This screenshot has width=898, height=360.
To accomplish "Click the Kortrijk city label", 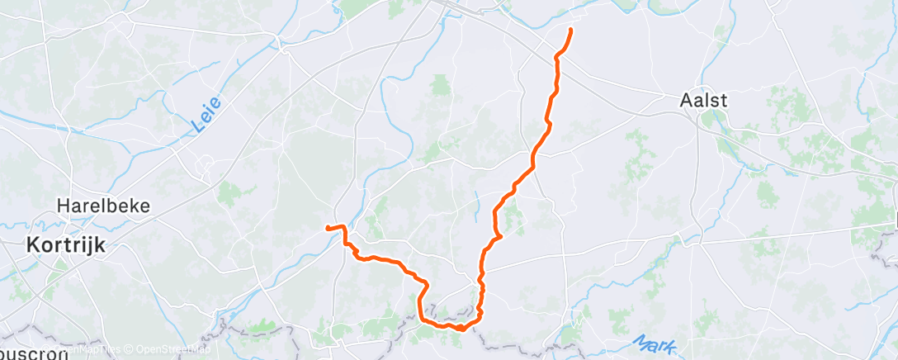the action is click(62, 244).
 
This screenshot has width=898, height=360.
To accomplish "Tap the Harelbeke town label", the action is click(103, 206).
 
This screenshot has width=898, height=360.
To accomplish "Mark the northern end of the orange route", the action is click(570, 30).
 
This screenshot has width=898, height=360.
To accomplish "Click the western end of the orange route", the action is click(328, 227).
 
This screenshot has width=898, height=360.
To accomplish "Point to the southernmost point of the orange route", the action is click(460, 329).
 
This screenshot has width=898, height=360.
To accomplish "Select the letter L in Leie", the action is click(198, 126).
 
